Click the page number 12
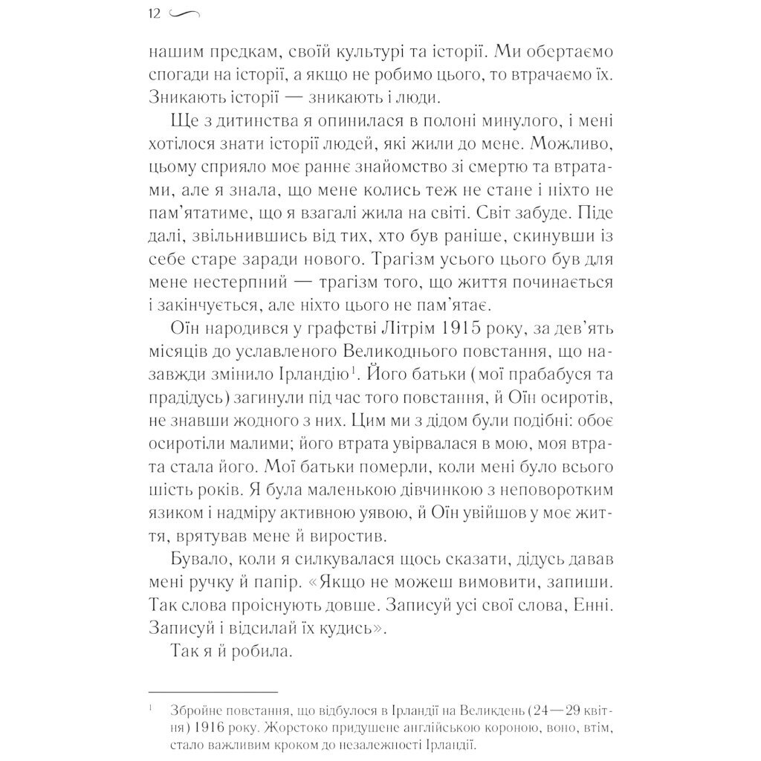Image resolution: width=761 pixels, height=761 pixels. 155,13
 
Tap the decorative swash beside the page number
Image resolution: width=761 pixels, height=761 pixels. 186,13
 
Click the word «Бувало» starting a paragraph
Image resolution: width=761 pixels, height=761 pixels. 197,559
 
